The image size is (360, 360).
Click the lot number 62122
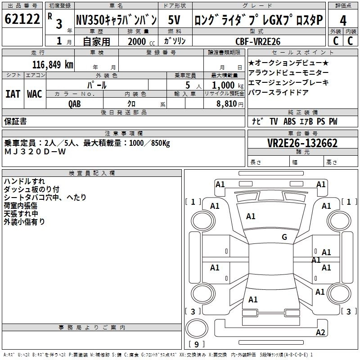point(22,19)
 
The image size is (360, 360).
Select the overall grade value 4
point(343,21)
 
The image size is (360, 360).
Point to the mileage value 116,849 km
point(53,65)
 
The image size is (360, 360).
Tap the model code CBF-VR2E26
point(258,41)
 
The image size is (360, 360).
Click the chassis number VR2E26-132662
point(302,143)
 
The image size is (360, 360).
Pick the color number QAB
point(75,104)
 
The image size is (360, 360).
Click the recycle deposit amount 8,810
point(227,104)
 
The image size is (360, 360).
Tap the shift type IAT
point(13,94)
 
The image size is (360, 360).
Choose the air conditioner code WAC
point(35,94)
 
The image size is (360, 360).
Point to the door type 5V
point(174,20)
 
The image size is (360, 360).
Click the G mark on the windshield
point(284,237)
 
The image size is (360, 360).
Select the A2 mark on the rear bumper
point(320,332)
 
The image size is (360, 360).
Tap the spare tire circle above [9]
point(197,328)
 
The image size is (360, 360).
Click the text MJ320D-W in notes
point(35,152)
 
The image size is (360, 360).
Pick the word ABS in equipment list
point(289,121)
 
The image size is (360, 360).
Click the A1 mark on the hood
point(251,216)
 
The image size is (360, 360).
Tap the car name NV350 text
point(90,20)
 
